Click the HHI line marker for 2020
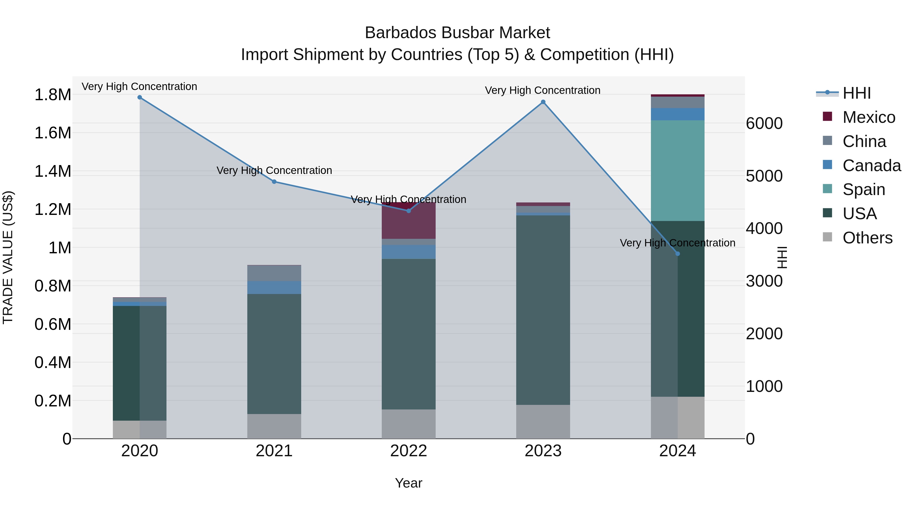(x=140, y=97)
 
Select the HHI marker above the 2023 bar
(x=543, y=102)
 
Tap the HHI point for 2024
(x=677, y=254)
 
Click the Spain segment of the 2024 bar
(x=677, y=171)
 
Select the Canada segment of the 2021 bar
(x=274, y=288)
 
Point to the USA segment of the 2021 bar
(x=274, y=354)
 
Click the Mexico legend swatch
(x=827, y=116)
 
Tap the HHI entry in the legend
(x=856, y=93)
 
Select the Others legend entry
(x=867, y=238)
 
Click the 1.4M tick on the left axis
(x=53, y=171)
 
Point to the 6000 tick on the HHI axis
(x=764, y=123)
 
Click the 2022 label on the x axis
(x=408, y=451)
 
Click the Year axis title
(x=408, y=483)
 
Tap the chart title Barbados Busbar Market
(x=457, y=33)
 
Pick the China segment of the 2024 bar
(x=677, y=102)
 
